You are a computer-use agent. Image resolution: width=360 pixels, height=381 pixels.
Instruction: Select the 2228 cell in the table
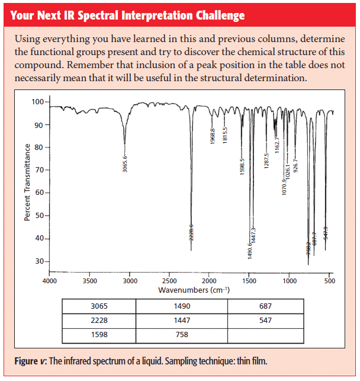click(99, 321)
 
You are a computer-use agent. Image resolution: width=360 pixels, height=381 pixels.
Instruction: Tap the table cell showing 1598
click(99, 335)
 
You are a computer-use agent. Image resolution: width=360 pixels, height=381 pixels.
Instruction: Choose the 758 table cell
click(182, 335)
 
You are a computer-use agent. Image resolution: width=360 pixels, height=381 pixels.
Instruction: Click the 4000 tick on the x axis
click(49, 281)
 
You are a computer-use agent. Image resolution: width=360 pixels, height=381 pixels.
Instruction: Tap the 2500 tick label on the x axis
click(169, 281)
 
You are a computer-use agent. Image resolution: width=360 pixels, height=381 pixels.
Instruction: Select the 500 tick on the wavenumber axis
click(330, 281)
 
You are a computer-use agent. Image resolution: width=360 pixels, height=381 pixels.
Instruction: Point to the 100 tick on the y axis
click(37, 102)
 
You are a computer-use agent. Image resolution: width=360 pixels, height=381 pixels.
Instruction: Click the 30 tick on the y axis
click(39, 261)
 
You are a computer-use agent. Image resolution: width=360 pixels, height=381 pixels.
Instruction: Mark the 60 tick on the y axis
click(39, 193)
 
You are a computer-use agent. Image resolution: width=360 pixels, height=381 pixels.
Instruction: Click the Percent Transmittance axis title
click(27, 181)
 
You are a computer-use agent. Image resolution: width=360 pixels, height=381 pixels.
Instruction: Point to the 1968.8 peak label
click(213, 136)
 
